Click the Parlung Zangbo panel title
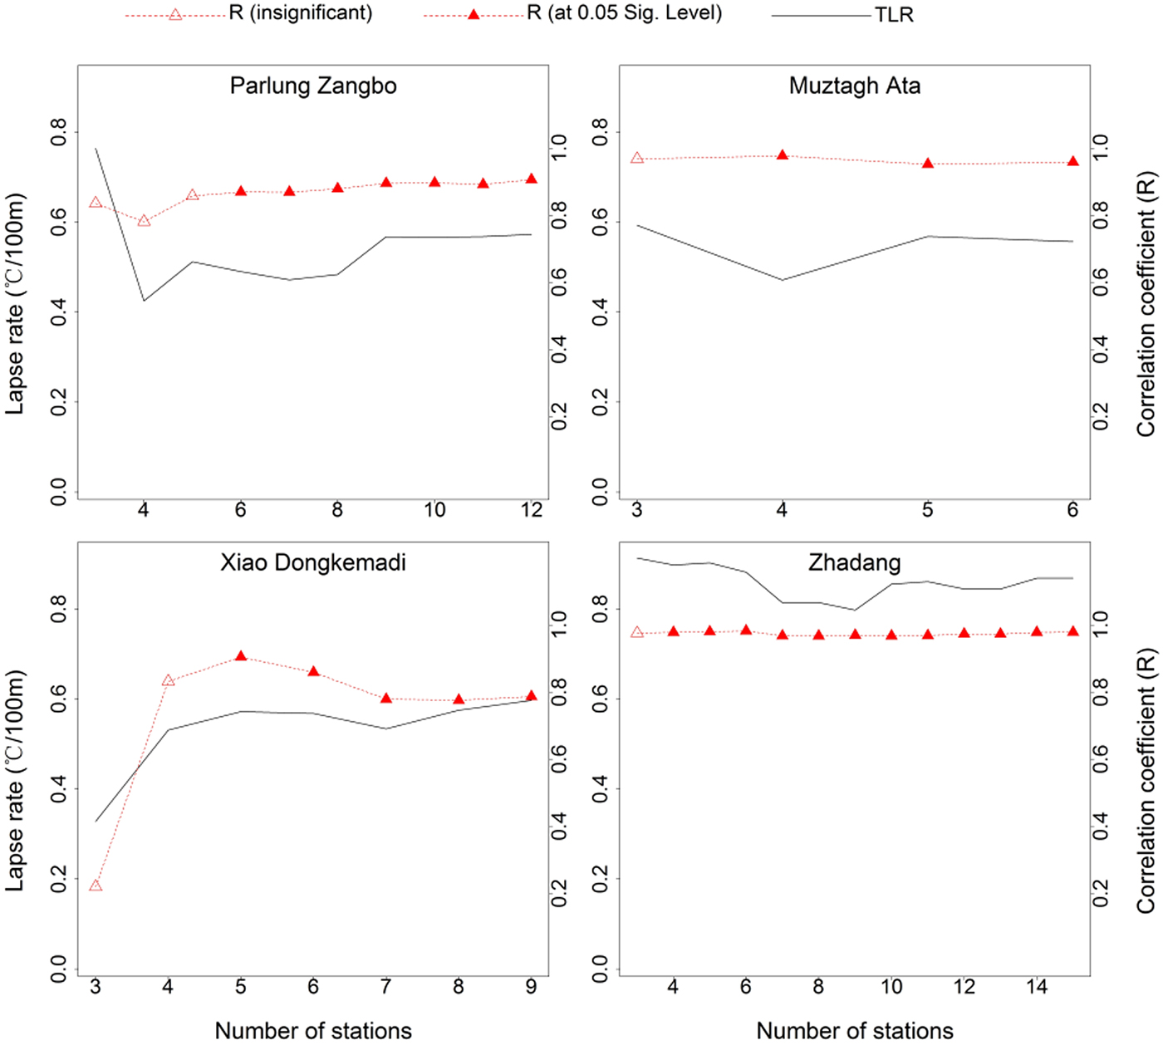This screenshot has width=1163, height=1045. (313, 86)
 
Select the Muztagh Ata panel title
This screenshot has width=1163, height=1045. (855, 86)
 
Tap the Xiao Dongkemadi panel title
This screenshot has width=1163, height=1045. (313, 563)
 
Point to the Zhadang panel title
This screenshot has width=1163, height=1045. (855, 563)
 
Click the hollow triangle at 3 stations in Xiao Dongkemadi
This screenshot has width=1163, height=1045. (96, 886)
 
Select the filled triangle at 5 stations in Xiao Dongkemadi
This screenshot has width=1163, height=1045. (241, 656)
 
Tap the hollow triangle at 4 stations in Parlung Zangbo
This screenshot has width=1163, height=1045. (144, 221)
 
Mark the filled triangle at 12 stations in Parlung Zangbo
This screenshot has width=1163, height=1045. (532, 179)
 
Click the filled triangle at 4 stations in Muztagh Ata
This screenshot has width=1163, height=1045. (782, 155)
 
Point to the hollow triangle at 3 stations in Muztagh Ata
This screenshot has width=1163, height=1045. (637, 158)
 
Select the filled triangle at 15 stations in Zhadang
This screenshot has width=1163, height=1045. (1072, 631)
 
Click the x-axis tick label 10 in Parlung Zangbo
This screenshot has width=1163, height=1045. (434, 510)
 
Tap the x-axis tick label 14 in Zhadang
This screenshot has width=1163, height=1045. (1037, 987)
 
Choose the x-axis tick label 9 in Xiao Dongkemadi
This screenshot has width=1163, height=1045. (532, 987)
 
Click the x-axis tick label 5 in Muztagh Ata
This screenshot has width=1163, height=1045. (928, 510)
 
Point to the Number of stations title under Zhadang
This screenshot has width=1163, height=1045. (855, 1031)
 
